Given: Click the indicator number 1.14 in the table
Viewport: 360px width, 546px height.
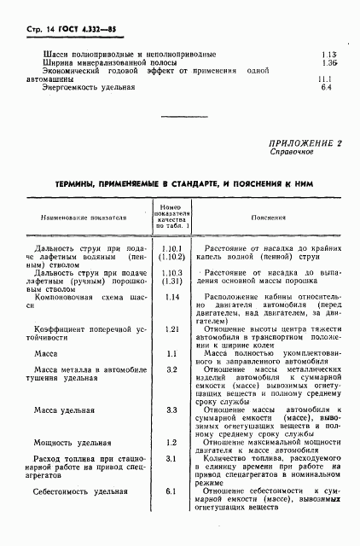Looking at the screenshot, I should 171,297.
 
